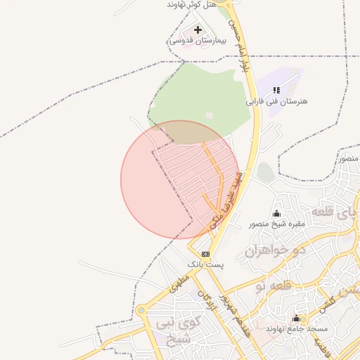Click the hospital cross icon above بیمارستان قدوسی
coord(198,30)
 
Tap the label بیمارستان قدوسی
coord(195,41)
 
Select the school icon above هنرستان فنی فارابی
coord(276,90)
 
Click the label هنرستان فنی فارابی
coord(276,101)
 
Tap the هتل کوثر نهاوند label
coord(191,4)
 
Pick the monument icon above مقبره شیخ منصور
coord(276,214)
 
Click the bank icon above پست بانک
coord(205,254)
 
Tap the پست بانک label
coord(205,264)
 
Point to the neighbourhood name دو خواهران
coord(273,250)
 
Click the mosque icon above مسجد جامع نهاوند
coord(296,318)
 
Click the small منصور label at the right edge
coord(349,158)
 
